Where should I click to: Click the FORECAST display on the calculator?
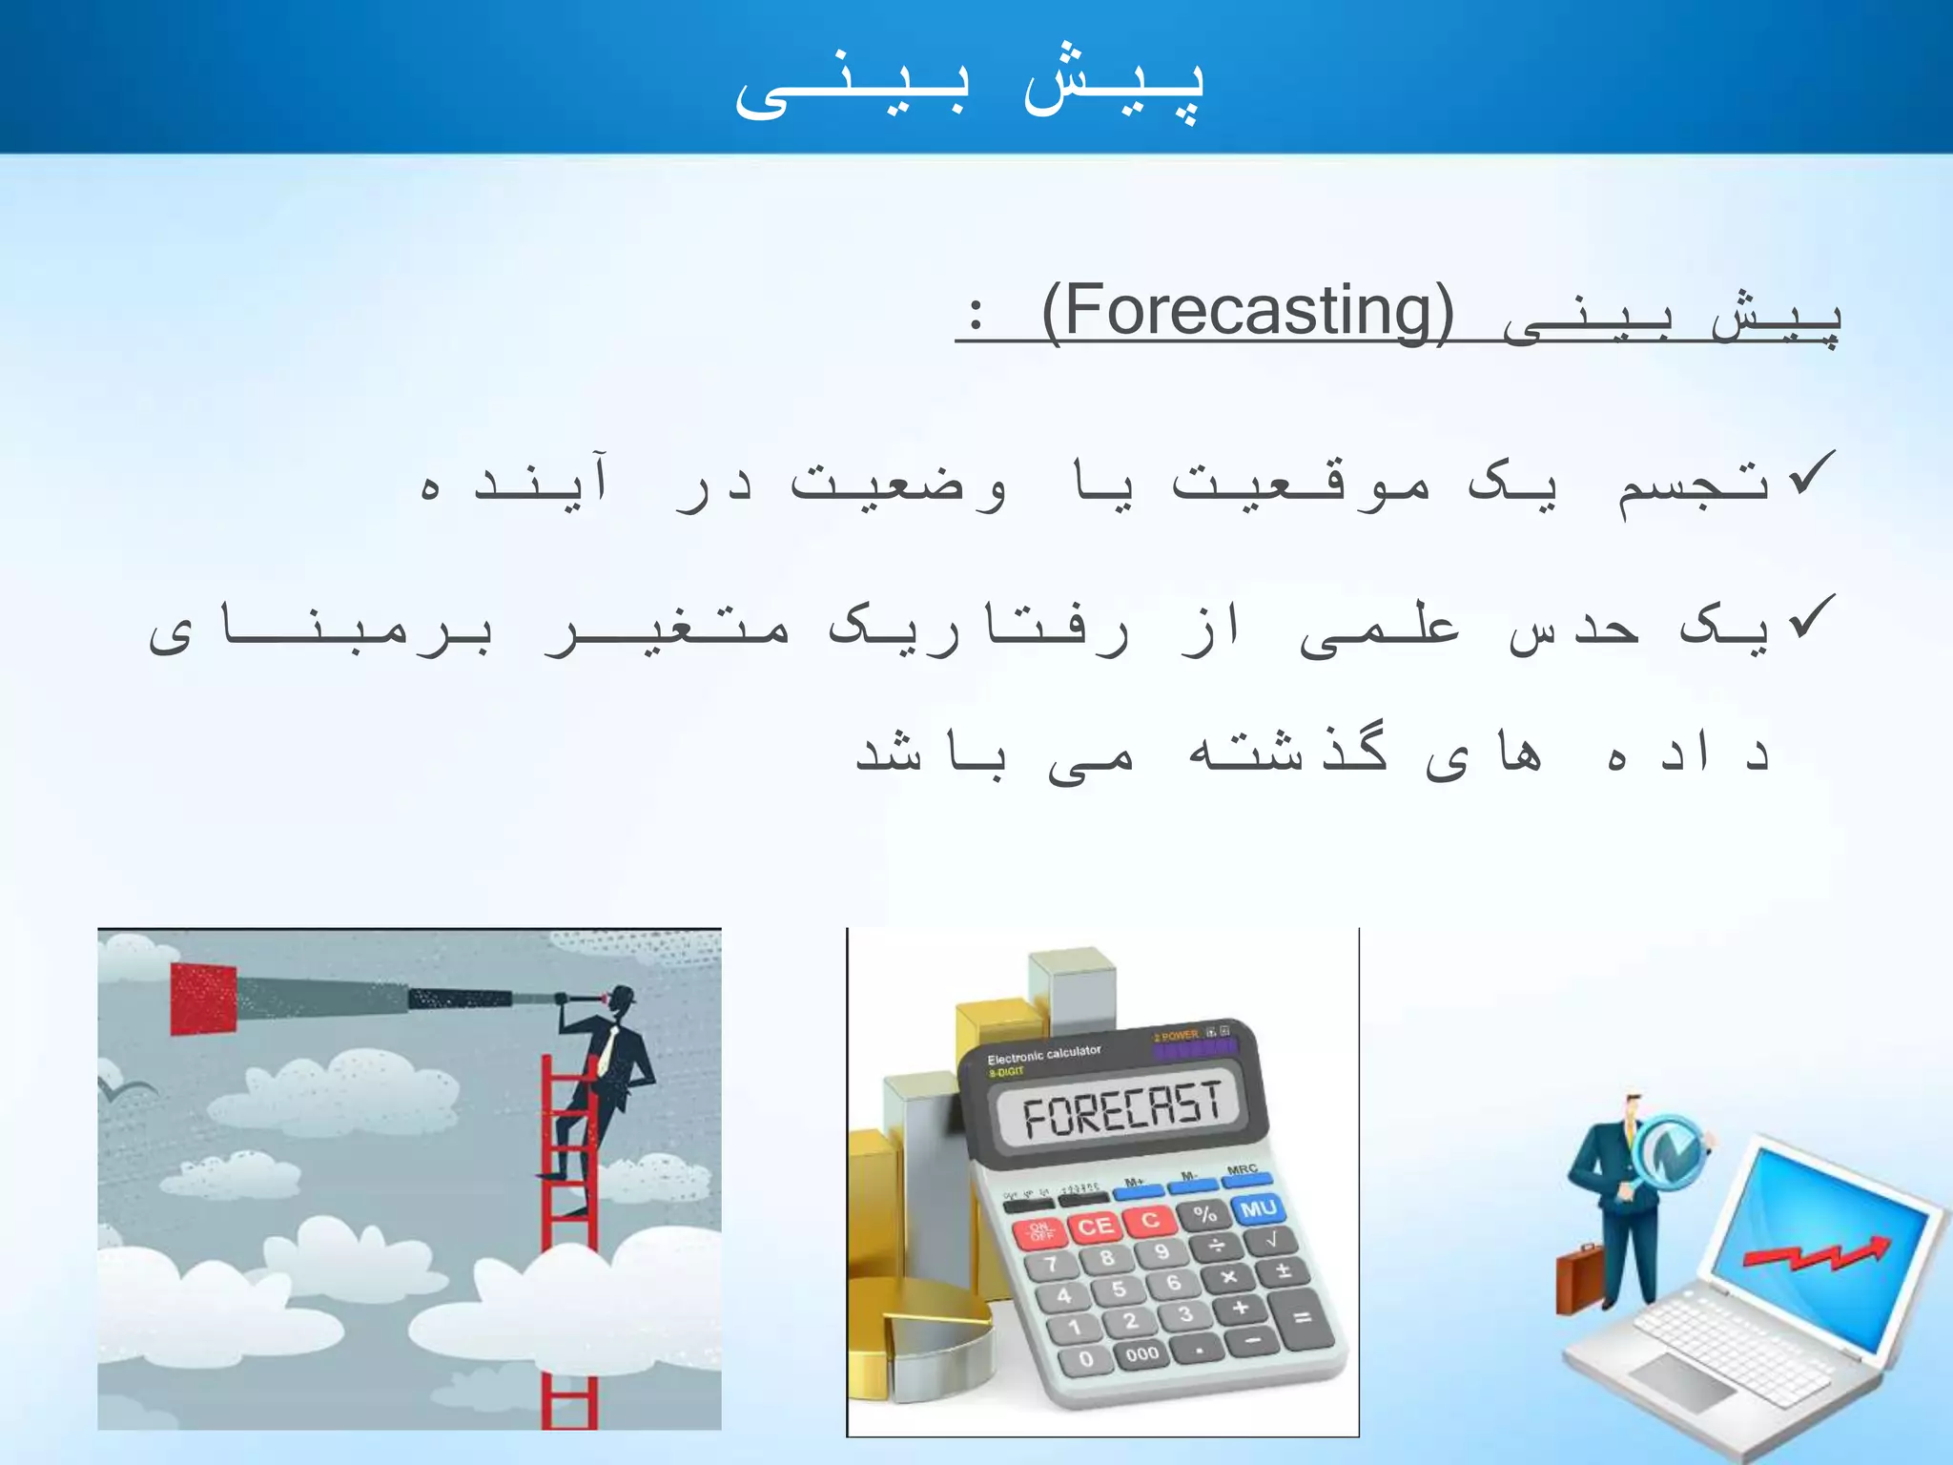1121,1111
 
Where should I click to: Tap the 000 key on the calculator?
1141,1353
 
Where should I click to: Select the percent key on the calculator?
1204,1214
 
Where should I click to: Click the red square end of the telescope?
203,999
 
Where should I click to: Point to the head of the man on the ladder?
622,1001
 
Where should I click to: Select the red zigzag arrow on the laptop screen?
1817,1255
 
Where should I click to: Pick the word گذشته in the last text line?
1287,753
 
